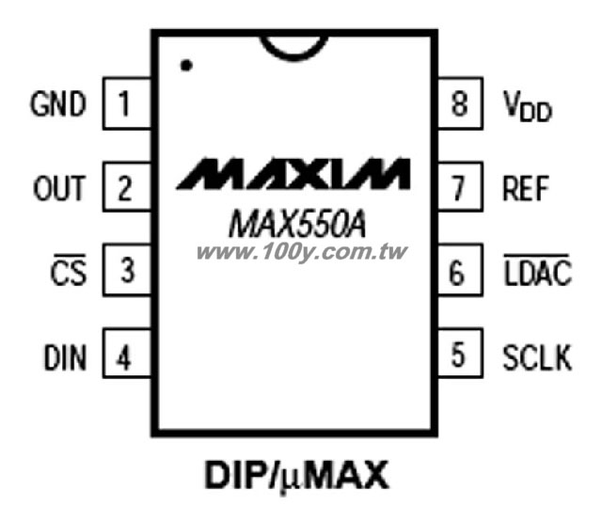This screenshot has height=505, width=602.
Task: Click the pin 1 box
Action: tap(127, 103)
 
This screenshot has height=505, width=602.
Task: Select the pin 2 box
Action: tap(127, 187)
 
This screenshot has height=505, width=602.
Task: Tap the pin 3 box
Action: tap(127, 270)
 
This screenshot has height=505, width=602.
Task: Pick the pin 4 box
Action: tap(127, 354)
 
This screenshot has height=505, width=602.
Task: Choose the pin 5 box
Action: tap(460, 354)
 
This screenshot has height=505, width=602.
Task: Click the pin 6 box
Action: tap(460, 270)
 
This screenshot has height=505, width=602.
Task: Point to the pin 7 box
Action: tap(460, 187)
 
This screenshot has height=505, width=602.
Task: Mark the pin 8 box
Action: tap(460, 103)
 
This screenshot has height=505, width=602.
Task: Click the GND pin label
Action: tap(58, 103)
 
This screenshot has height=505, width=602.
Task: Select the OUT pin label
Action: tap(59, 188)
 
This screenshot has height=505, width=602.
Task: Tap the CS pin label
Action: tap(69, 270)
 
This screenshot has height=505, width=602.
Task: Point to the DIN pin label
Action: tap(65, 357)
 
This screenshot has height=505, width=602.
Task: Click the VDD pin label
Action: tap(528, 106)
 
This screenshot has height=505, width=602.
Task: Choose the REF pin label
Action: tap(526, 188)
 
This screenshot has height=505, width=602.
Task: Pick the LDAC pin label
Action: tap(537, 270)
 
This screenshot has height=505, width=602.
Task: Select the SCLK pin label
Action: tap(537, 357)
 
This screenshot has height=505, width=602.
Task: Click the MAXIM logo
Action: tap(293, 174)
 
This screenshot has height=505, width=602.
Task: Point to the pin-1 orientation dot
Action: tap(186, 66)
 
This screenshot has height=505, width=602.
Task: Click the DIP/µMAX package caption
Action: tap(296, 476)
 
